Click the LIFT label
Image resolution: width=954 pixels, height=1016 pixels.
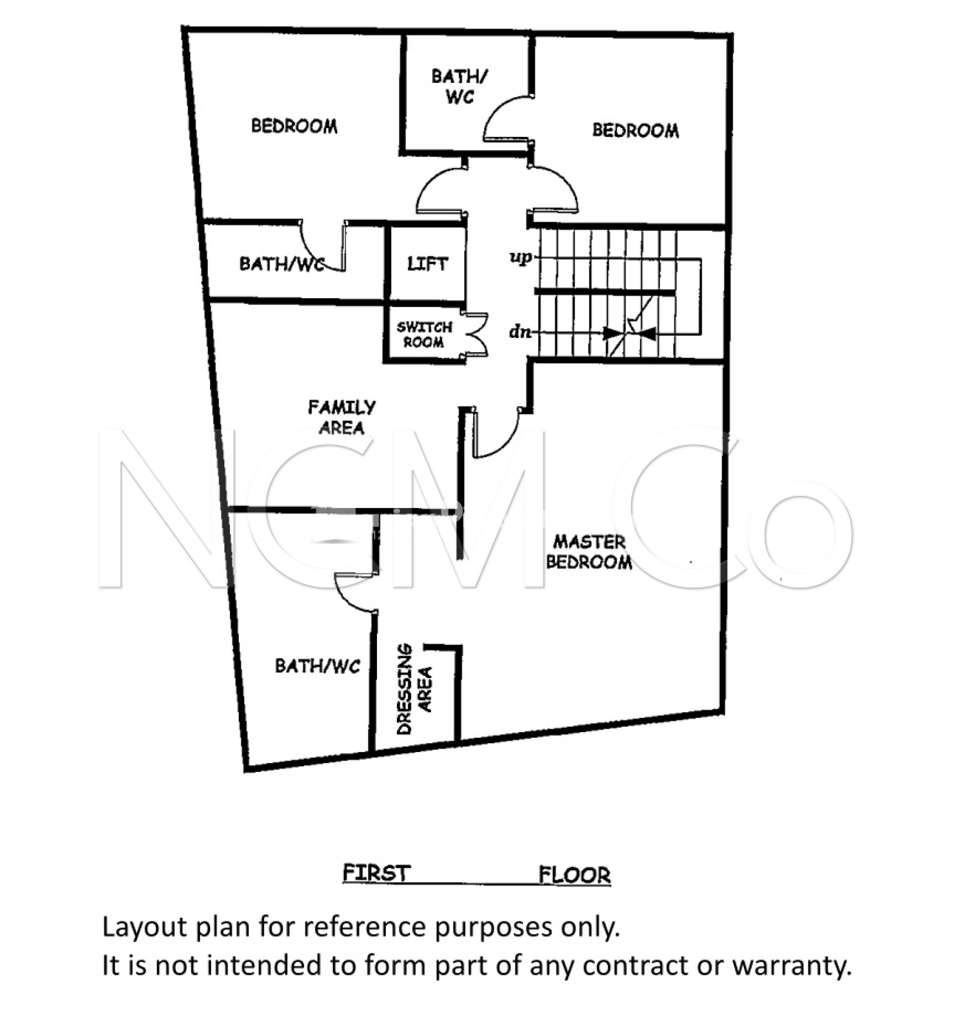428,264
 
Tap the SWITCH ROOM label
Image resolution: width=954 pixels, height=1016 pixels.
424,334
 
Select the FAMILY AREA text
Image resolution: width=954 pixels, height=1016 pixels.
342,417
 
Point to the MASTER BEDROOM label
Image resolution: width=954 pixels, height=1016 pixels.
589,552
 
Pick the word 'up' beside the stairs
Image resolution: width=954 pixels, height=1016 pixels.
520,257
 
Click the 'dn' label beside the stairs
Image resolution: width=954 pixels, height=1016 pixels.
520,332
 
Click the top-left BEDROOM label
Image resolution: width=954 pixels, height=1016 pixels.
294,126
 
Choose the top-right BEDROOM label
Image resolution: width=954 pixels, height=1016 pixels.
636,130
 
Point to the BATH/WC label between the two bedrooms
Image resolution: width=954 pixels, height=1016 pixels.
460,86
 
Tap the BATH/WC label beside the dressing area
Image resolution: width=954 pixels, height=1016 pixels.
318,665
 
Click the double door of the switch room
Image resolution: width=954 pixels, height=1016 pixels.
476,334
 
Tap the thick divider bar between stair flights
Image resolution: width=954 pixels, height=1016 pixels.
604,292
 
